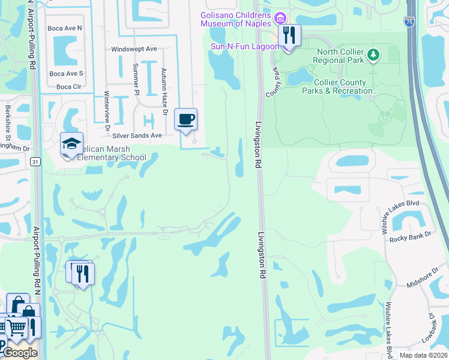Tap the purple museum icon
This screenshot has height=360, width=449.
pyautogui.click(x=280, y=19)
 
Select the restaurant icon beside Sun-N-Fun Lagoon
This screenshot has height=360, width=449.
pyautogui.click(x=290, y=35)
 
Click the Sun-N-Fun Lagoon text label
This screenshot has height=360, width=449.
pyautogui.click(x=244, y=46)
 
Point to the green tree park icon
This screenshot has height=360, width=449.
pyautogui.click(x=374, y=56)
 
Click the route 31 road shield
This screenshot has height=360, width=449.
pyautogui.click(x=35, y=161)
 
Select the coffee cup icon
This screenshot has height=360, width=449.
pyautogui.click(x=186, y=119)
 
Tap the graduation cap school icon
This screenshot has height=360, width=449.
pyautogui.click(x=71, y=143)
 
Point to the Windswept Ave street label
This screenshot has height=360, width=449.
pyautogui.click(x=134, y=49)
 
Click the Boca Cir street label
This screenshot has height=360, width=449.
pyautogui.click(x=68, y=86)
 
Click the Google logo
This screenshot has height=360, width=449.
pyautogui.click(x=20, y=353)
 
